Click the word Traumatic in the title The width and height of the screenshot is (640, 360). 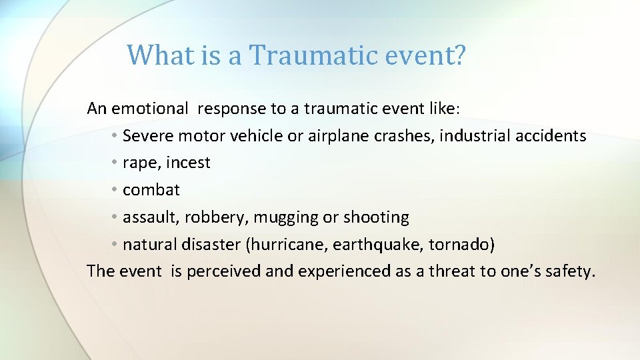pos(305,55)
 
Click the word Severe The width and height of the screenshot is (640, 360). pos(149,136)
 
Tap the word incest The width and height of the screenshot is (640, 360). pos(189,163)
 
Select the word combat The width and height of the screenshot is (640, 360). pos(151,190)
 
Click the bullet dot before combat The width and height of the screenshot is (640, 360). pos(115,190)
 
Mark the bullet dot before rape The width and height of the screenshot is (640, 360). pos(115,163)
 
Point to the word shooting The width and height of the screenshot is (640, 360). pos(376,217)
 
